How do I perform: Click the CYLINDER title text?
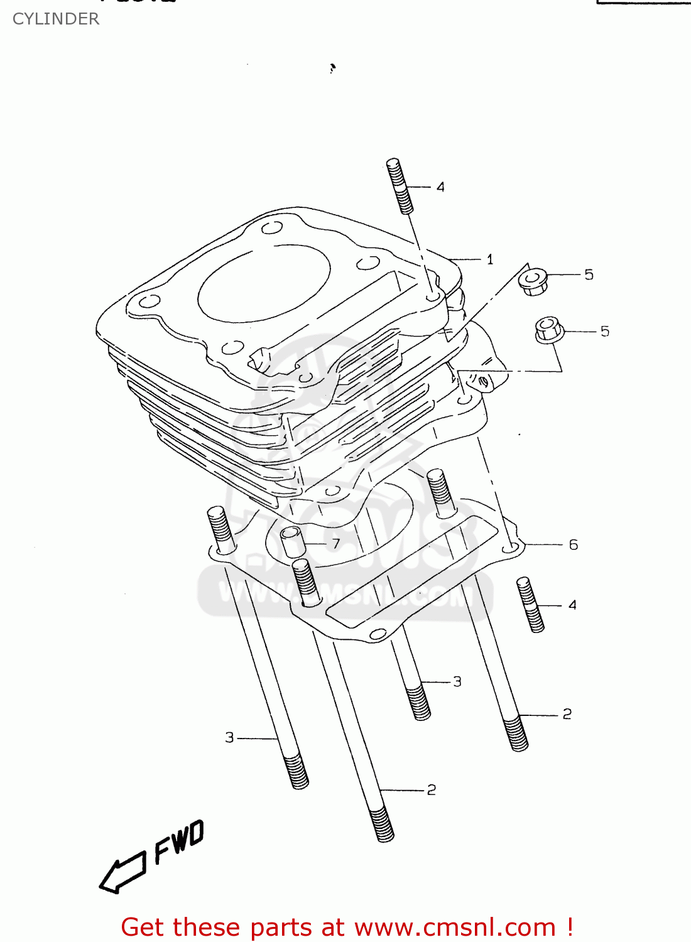56,19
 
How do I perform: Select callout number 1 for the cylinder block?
490,259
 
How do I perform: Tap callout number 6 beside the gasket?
573,544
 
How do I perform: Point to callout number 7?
336,543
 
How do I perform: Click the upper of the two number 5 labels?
589,274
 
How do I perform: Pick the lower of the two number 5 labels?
604,331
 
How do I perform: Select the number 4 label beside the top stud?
440,187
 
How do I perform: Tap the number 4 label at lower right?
572,605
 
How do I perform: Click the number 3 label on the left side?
230,737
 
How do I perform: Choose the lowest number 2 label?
431,789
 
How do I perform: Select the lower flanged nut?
548,330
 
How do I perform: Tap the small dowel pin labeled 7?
292,541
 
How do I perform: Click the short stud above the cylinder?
400,187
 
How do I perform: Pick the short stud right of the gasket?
530,605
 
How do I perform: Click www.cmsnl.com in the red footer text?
455,927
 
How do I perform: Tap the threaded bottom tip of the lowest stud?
383,826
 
